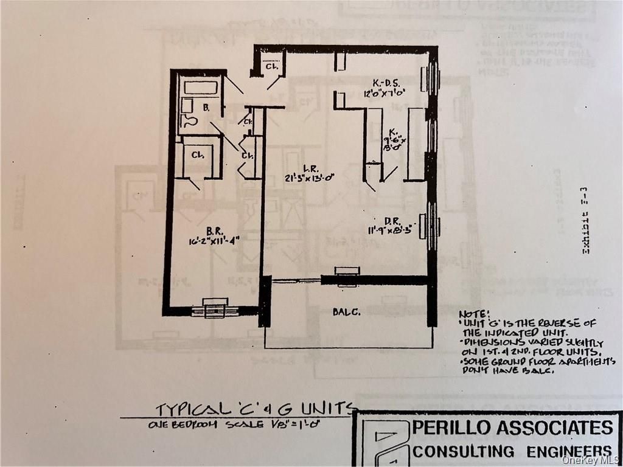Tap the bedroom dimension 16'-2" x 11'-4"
[x=214, y=241]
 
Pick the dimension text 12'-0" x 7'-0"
[x=385, y=93]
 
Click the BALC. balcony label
[x=347, y=312]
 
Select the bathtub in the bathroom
[x=201, y=88]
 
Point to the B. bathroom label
[x=206, y=108]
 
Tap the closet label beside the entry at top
[x=272, y=67]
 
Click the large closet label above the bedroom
[x=197, y=155]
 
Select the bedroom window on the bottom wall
[x=215, y=310]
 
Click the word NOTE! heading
[x=474, y=313]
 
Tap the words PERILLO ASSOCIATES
[x=512, y=427]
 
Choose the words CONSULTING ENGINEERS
[x=512, y=451]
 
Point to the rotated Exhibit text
[x=586, y=222]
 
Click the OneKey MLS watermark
[x=591, y=460]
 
